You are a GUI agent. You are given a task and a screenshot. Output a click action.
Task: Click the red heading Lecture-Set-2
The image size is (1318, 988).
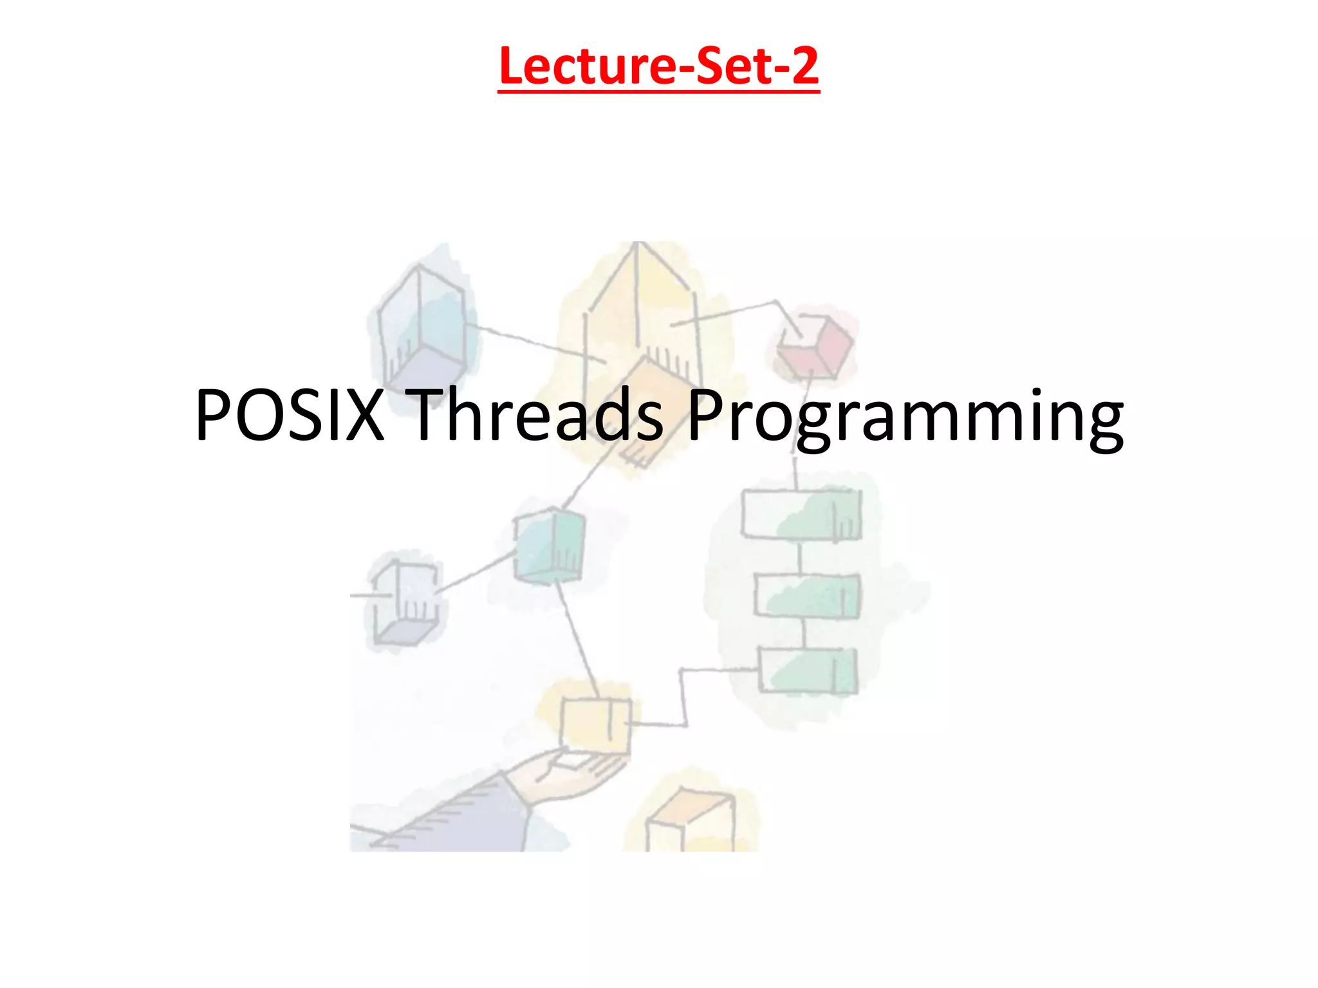[658, 66]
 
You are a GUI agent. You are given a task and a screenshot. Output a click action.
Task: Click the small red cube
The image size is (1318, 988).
[814, 347]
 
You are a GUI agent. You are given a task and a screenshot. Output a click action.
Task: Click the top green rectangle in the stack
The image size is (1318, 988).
[801, 515]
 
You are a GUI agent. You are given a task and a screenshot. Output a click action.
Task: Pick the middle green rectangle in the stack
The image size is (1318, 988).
[806, 596]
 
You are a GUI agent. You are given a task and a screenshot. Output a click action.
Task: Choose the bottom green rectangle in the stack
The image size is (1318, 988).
[808, 671]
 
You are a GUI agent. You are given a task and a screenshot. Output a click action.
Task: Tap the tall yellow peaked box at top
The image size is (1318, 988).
[637, 302]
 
